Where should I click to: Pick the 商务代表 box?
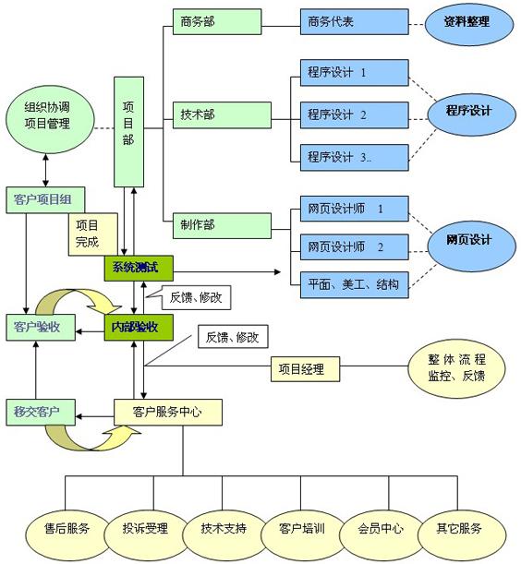pos(352,20)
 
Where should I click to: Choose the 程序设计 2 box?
pos(352,115)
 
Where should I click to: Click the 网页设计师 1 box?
pos(352,210)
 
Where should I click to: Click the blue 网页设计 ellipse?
pos(468,240)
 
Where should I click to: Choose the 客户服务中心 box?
pos(168,411)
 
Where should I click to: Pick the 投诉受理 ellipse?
pos(145,529)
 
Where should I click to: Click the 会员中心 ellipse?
pos(380,529)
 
